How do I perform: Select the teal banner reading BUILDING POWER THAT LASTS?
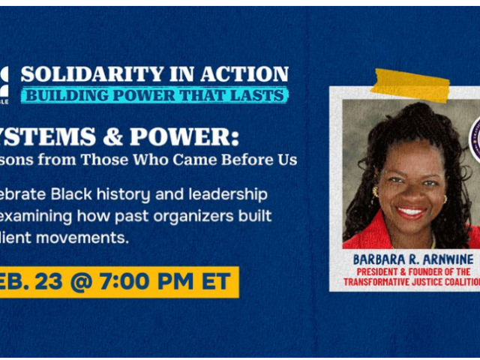154,95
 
